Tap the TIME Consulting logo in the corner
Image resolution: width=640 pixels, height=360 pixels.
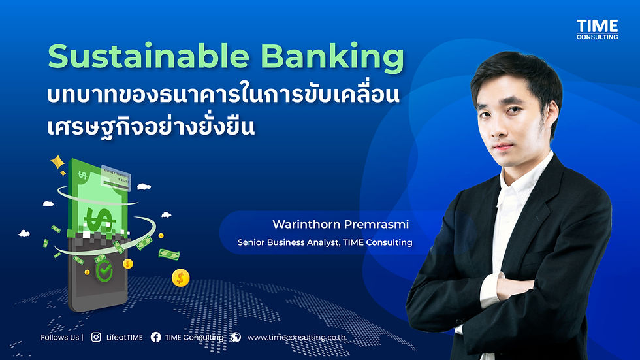tap(597, 29)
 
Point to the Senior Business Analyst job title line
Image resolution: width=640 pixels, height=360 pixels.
tap(325, 242)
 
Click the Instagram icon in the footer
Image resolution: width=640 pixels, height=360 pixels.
tap(96, 337)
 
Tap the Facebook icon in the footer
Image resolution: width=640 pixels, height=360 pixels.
tap(155, 337)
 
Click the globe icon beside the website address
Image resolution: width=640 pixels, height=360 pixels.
tap(236, 337)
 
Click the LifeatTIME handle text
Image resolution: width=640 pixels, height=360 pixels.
tap(125, 338)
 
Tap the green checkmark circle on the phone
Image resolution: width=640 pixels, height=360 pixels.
tap(104, 271)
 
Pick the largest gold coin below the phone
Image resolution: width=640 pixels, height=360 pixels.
tap(181, 278)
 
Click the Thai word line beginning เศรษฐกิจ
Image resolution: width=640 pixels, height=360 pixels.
tap(150, 125)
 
